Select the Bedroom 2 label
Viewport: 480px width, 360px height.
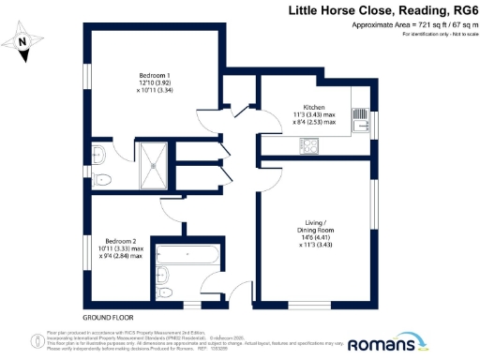122,240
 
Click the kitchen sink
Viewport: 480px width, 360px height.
360,116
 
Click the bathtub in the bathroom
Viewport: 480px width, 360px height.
188,253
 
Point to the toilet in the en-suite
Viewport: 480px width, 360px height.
103,179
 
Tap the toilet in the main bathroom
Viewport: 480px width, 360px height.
166,292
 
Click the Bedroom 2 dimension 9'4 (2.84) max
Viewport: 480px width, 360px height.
122,255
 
